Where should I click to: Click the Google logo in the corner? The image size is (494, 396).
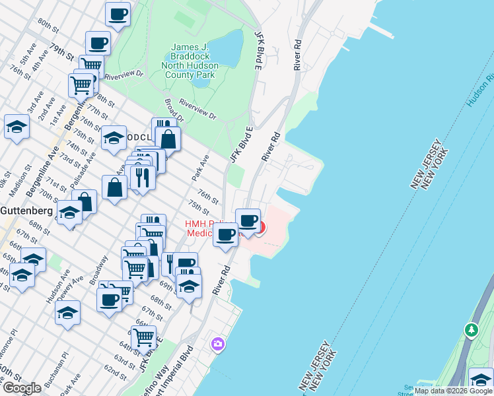[22, 388]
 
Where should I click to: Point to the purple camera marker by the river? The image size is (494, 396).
[217, 344]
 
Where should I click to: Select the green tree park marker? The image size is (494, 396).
[471, 329]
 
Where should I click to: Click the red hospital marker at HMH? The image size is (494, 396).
[262, 229]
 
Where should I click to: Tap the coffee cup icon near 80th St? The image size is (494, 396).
[118, 14]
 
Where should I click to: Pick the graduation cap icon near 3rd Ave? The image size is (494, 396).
[17, 127]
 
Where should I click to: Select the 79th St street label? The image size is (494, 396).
[60, 50]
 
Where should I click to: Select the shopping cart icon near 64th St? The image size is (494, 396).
[143, 337]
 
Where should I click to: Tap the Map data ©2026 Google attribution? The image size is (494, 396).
[452, 391]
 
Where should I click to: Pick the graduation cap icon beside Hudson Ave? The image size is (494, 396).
[67, 312]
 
